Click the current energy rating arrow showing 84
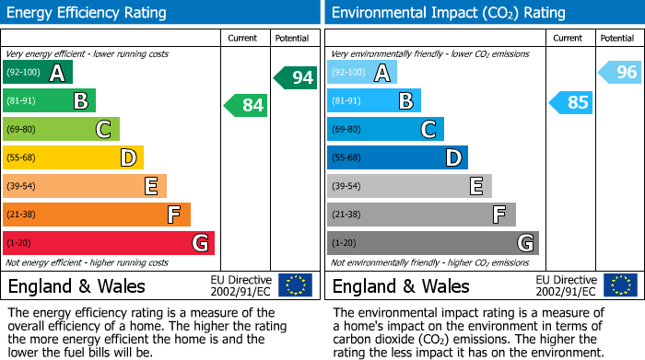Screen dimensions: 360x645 (246, 105)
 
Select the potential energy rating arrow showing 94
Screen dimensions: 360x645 (296, 77)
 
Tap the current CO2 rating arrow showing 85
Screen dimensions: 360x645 (571, 102)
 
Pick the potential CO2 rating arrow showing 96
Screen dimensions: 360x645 (620, 72)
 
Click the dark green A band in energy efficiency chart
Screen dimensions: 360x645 (38, 73)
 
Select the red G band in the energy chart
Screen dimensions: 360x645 (109, 243)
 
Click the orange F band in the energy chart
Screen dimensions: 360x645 (97, 215)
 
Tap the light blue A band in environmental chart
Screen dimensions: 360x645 (362, 73)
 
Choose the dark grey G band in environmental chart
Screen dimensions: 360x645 (433, 243)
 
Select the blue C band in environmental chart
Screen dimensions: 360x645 (385, 130)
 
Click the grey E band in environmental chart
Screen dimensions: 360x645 (409, 186)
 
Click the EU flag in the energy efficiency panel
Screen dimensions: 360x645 (295, 285)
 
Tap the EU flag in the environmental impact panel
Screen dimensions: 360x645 (620, 285)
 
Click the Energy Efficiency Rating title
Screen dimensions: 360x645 (88, 13)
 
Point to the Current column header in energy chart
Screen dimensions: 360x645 (243, 38)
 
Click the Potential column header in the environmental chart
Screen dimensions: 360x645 (616, 38)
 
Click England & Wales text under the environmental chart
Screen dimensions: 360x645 (401, 285)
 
